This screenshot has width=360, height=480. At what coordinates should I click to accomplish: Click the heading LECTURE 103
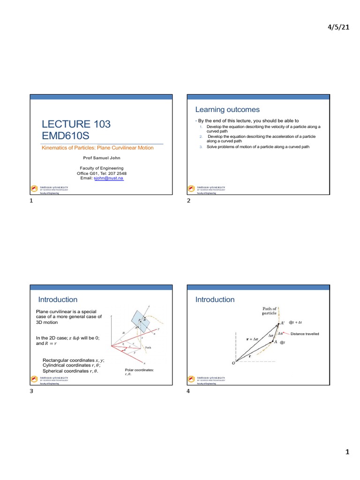coord(76,124)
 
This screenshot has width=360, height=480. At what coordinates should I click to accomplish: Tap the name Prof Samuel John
coord(102,158)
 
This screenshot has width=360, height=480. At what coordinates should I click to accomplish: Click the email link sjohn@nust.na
coord(109,178)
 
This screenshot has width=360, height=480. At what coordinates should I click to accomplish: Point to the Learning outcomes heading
coord(227,110)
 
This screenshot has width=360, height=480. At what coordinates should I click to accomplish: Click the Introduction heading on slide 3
coord(58,300)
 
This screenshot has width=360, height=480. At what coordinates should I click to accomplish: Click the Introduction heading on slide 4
coord(215,300)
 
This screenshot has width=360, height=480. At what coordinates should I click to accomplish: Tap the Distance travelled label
coord(305,334)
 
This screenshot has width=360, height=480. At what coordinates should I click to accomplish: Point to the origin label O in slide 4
coord(233,363)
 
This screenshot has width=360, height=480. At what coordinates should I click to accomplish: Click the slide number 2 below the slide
coord(188,201)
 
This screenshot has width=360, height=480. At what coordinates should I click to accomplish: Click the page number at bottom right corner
coord(347,452)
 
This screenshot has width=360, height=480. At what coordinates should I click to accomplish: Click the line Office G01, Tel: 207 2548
coord(102,173)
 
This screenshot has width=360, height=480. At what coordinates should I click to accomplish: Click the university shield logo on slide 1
coord(34,188)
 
